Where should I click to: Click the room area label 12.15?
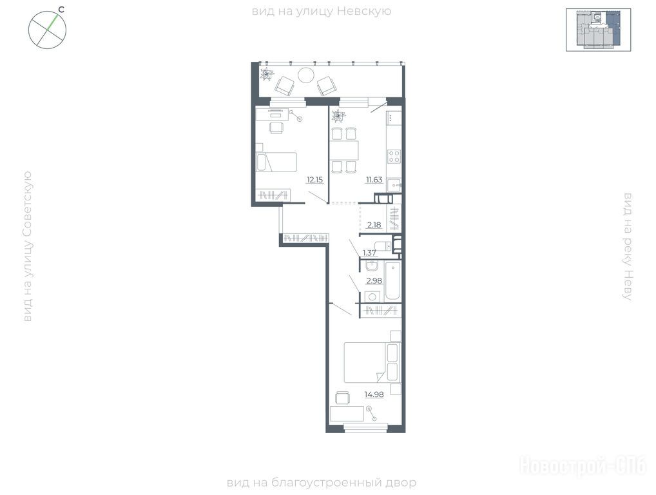coord(314,180)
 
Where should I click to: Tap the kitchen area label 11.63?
coord(374,180)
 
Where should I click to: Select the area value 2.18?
coord(374,225)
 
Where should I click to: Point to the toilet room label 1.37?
coord(369,253)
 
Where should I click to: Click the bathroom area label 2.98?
coord(374,281)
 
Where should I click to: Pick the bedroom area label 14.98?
coord(374,394)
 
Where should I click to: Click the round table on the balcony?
coord(306,75)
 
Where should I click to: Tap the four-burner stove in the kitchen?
coord(394,157)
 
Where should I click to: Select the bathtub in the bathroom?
coord(393,281)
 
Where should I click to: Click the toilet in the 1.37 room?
coord(383,246)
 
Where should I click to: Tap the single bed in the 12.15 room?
coord(276,162)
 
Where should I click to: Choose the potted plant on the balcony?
coord(267,75)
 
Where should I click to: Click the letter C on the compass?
coord(61,10)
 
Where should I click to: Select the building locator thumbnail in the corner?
coord(598,30)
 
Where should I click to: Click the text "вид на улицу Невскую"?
coord(322,12)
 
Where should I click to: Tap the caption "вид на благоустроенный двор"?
coord(322,483)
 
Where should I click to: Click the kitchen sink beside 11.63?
coord(394,184)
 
